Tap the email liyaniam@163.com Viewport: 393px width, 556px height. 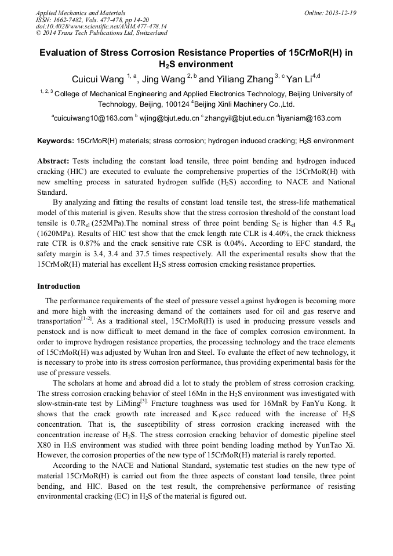[x=311, y=118]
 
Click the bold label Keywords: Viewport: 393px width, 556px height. [x=55, y=141]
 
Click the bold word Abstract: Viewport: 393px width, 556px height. [x=53, y=161]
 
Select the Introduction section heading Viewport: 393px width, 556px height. [x=59, y=286]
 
